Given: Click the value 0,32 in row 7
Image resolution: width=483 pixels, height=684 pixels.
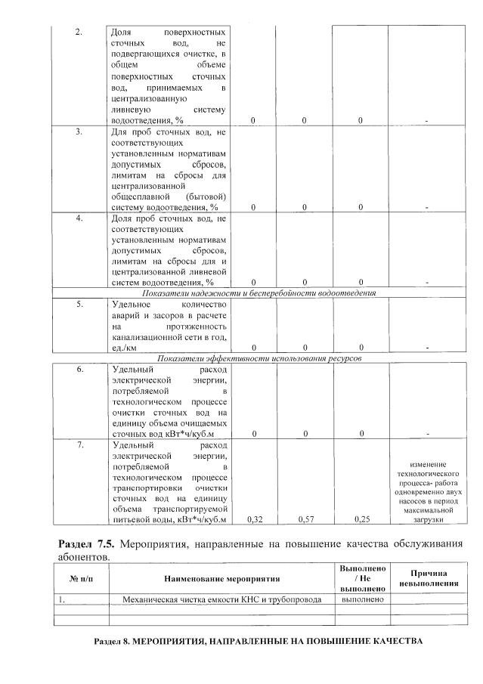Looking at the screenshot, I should [253, 520].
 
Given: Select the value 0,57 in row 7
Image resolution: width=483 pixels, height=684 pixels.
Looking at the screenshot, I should [305, 520].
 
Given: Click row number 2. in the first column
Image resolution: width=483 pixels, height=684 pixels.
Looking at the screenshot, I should [78, 32].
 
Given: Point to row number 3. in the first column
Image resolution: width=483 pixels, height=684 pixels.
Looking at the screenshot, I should [78, 132].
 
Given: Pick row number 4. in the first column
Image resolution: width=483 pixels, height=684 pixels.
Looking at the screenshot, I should [78, 218].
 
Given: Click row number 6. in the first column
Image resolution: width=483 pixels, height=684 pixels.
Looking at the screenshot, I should [78, 370].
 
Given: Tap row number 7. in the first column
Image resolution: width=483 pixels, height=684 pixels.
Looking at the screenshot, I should [78, 445].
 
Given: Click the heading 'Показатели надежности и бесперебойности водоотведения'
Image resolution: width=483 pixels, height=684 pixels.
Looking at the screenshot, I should [259, 292].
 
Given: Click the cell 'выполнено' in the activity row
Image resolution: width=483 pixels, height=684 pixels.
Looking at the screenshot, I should [364, 599].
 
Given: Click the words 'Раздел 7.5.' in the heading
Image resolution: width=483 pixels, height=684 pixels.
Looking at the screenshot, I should [85, 544].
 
